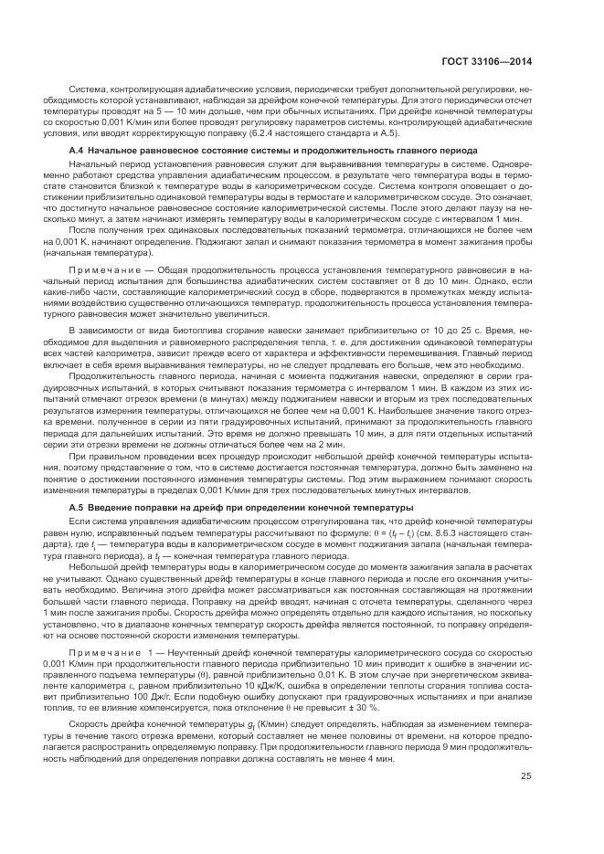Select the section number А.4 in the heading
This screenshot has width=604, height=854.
coord(78,148)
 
